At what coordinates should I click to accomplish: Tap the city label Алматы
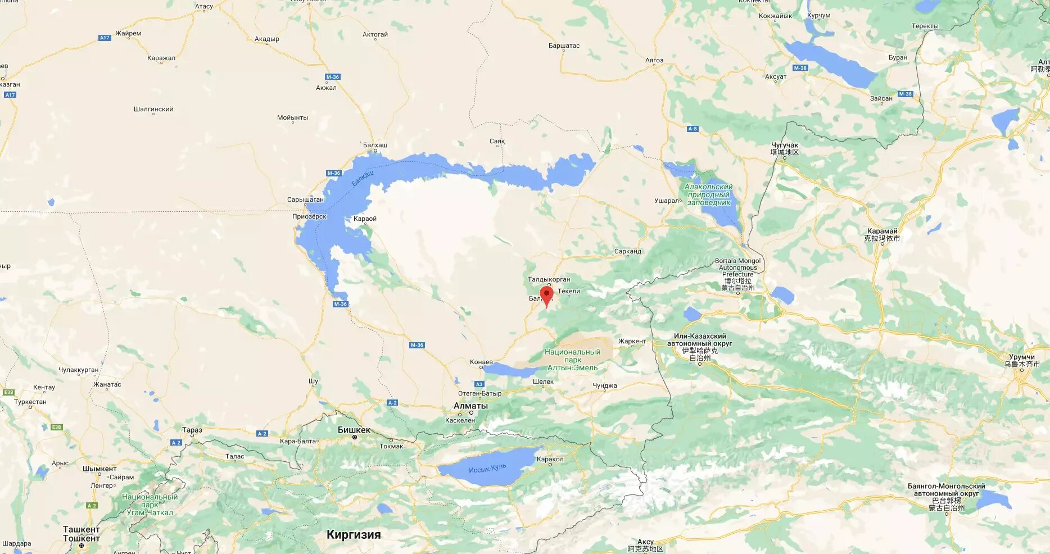click(x=470, y=406)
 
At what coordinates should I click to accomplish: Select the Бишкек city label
click(x=354, y=430)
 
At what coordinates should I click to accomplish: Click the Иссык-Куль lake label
click(x=487, y=467)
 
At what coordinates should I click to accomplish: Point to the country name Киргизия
click(x=354, y=534)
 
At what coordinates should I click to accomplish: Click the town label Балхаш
click(x=375, y=145)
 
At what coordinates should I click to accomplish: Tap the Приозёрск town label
click(x=309, y=216)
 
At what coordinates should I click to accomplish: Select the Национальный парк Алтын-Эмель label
click(x=572, y=360)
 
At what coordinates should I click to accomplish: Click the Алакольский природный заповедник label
click(x=708, y=194)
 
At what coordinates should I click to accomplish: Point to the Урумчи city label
click(x=1021, y=357)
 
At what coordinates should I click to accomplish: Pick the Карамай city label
click(x=882, y=231)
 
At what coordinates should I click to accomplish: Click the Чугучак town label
click(x=785, y=145)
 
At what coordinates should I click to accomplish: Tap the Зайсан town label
click(x=881, y=98)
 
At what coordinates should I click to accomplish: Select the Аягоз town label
click(x=654, y=60)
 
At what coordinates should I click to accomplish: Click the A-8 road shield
click(x=693, y=129)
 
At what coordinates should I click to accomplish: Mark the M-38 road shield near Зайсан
click(x=905, y=94)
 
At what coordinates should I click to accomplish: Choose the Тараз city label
click(x=192, y=430)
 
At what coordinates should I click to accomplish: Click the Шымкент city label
click(x=99, y=469)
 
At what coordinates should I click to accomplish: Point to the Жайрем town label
click(x=128, y=33)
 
